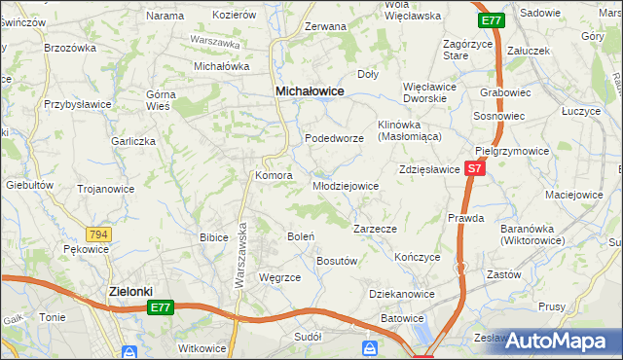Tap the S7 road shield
tap(474, 168)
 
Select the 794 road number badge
tap(97, 234)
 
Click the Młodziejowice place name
tap(345, 186)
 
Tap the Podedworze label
tap(334, 139)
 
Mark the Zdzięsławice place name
tap(429, 169)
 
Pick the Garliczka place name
tap(133, 141)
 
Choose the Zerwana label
tap(325, 27)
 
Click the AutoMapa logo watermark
tap(558, 340)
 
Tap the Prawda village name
tap(465, 218)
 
